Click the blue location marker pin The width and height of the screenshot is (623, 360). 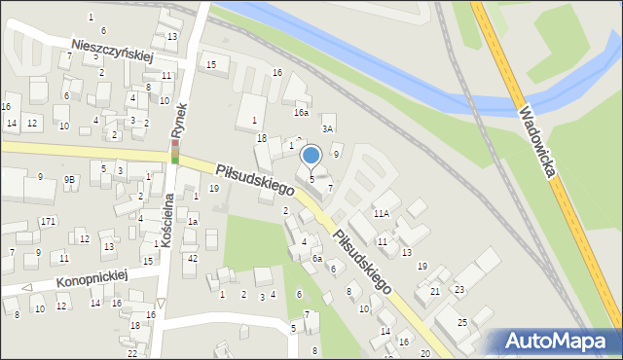[x=311, y=156]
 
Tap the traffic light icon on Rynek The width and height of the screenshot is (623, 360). [x=175, y=153]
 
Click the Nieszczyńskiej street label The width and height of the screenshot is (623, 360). [x=114, y=51]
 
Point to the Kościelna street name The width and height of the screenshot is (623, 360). [x=167, y=219]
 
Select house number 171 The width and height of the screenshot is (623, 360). [x=48, y=222]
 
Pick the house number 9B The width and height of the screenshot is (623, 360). [x=70, y=179]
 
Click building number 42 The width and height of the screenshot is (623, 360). [x=193, y=258]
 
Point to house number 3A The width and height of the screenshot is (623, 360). [x=328, y=128]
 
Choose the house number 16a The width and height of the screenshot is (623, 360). [x=302, y=113]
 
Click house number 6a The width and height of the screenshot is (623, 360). [x=317, y=259]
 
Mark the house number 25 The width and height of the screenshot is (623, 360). [x=462, y=322]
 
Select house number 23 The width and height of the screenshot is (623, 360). [x=458, y=291]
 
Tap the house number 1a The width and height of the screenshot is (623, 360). [x=193, y=222]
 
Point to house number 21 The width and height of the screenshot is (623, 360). [x=435, y=291]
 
